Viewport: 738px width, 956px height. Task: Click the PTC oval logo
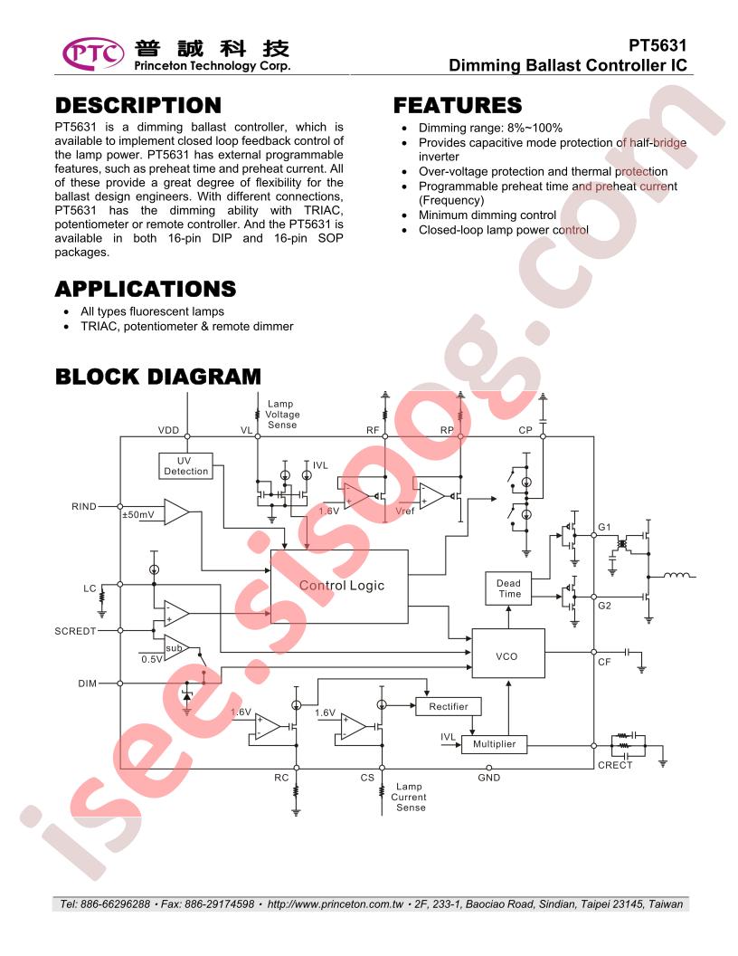click(x=93, y=53)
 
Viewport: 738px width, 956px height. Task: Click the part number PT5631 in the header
click(x=658, y=46)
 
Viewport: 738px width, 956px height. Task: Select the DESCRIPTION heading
click(x=138, y=106)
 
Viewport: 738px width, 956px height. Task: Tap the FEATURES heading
click(x=458, y=106)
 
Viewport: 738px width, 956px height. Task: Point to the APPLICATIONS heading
click(x=146, y=289)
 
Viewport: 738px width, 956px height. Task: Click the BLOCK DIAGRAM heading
click(x=158, y=377)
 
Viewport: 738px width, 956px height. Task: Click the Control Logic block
click(x=339, y=586)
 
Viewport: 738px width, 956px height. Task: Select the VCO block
click(x=508, y=653)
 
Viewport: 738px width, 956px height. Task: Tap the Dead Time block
click(x=508, y=588)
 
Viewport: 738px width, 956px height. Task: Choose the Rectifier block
click(x=449, y=707)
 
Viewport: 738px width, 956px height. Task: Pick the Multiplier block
click(x=494, y=744)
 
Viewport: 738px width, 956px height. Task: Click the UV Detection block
click(x=185, y=466)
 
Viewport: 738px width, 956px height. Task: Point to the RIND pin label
click(x=84, y=507)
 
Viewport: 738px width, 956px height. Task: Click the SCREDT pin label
click(x=75, y=632)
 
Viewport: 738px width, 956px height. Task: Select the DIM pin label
click(x=87, y=684)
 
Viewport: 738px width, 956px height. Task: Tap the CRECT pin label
click(x=615, y=765)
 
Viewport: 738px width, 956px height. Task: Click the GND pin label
click(x=489, y=778)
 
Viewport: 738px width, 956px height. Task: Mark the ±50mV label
click(x=138, y=515)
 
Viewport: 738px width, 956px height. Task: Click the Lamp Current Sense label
click(x=409, y=798)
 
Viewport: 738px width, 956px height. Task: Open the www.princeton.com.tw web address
click(x=336, y=904)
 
